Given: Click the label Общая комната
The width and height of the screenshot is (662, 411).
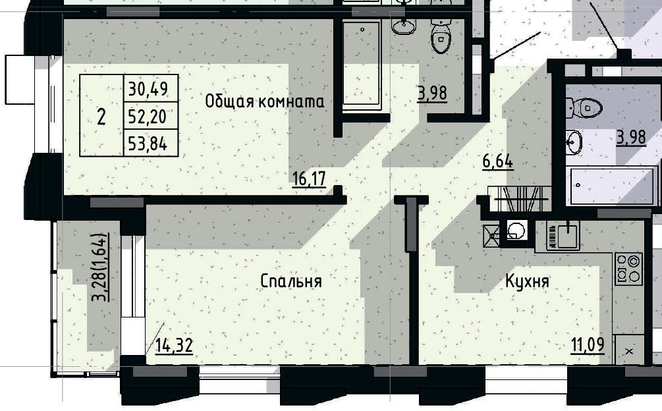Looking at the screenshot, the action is [x=265, y=101].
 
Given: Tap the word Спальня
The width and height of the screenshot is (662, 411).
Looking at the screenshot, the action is [x=291, y=281].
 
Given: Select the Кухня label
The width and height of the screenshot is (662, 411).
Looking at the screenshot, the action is [x=527, y=281].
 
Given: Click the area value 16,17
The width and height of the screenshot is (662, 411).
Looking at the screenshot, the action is [x=310, y=179].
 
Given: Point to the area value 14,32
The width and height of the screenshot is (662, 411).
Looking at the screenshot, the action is [x=174, y=346].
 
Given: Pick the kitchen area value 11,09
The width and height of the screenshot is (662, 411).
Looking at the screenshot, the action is [x=588, y=344].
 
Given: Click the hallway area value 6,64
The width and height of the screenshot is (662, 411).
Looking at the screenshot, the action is [x=498, y=161].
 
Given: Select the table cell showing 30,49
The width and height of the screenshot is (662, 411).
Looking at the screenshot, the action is [x=148, y=89].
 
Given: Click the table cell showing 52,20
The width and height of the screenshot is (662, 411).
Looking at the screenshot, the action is [x=148, y=117].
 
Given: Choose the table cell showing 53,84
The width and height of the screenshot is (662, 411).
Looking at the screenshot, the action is [x=148, y=144].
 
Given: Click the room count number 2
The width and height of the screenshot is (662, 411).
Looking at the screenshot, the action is [x=101, y=117].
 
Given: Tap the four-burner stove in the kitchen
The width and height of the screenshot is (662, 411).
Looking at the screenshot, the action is [x=628, y=269].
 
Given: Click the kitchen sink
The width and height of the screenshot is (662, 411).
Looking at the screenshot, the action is [x=563, y=235].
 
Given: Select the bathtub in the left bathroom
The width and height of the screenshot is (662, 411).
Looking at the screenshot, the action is [x=362, y=65].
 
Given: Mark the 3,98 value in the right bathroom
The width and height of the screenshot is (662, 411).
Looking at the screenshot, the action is [x=631, y=138].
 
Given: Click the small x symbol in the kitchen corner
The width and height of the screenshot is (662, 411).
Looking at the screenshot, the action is [x=628, y=350].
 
